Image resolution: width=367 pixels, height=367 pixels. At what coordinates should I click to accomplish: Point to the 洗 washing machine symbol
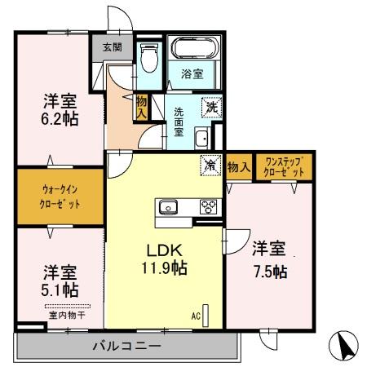pos(211,105)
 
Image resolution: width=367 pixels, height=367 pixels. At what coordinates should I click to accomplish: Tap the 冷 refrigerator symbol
pos(210,166)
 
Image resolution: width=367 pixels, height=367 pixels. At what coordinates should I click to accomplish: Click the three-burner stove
pos(207,207)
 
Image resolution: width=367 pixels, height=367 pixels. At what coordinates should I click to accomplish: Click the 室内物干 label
pos(61,309)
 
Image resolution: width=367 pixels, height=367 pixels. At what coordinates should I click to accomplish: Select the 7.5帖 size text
pos(268,272)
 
